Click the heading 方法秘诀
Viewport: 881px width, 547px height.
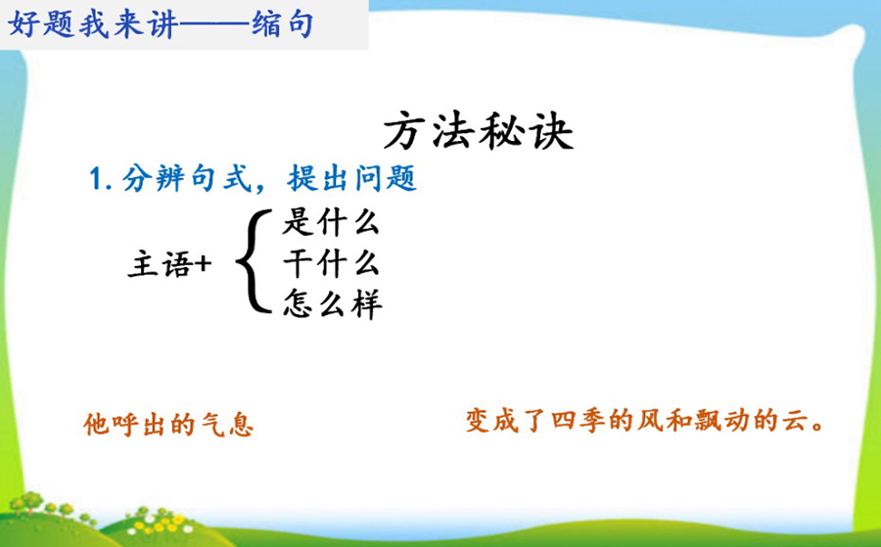point(478,133)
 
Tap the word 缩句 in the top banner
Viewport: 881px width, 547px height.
point(282,24)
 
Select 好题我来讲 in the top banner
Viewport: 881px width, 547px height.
point(93,24)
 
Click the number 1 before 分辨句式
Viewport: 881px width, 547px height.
point(96,180)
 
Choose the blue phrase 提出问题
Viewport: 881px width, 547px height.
point(352,179)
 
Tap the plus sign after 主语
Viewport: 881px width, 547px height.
point(203,264)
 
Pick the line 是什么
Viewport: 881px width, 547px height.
point(331,222)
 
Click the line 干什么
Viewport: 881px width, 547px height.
point(331,263)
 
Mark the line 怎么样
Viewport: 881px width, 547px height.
point(332,303)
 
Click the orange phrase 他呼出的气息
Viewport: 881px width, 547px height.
point(168,424)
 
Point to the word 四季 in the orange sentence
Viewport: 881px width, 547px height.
point(577,421)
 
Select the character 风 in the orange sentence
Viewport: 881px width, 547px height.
point(650,421)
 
